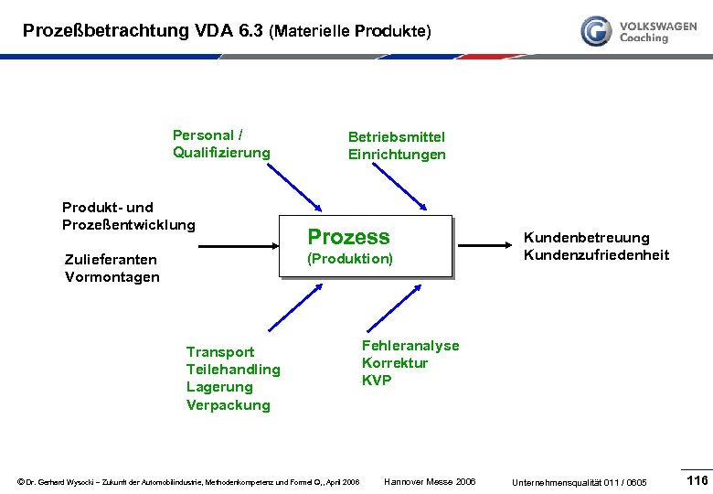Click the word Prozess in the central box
coord(348,237)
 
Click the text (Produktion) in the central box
coord(350,259)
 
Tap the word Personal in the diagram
coord(203,135)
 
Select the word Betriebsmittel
coord(396,136)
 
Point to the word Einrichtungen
coord(397,155)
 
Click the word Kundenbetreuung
coord(586,238)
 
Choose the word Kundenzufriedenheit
coord(596,255)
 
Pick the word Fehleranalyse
coord(410,346)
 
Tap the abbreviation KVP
coord(377,381)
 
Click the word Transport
coord(220,352)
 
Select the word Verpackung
coord(229,405)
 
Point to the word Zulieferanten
coord(111,260)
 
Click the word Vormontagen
coord(112,277)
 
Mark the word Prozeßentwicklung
coord(128,225)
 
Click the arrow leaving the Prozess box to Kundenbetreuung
coord(485,245)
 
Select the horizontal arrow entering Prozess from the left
coord(238,245)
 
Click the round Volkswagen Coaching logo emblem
coord(597,31)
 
